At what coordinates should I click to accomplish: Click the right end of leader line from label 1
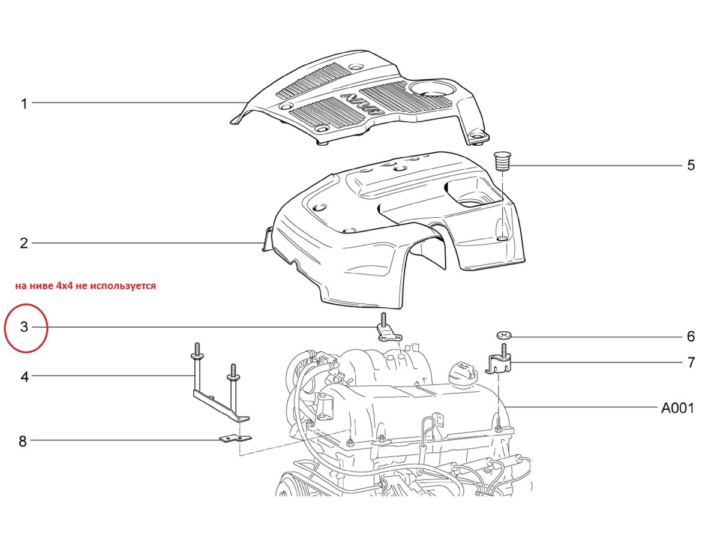coord(247,103)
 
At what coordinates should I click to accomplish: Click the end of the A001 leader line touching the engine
coord(506,407)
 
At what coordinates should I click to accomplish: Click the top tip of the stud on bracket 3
coord(384,313)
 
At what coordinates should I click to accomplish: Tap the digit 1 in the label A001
coord(690,408)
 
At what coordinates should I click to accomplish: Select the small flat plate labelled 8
coord(235,439)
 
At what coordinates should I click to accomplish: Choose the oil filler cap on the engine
coord(463,372)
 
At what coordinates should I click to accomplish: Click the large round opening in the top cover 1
coord(433,88)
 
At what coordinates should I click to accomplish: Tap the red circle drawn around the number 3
coord(26,328)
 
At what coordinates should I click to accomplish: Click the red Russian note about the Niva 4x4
coord(86,286)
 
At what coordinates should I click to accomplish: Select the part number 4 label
coord(25,377)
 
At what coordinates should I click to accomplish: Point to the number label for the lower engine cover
coord(24,243)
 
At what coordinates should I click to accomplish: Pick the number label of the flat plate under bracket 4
coord(23,441)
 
